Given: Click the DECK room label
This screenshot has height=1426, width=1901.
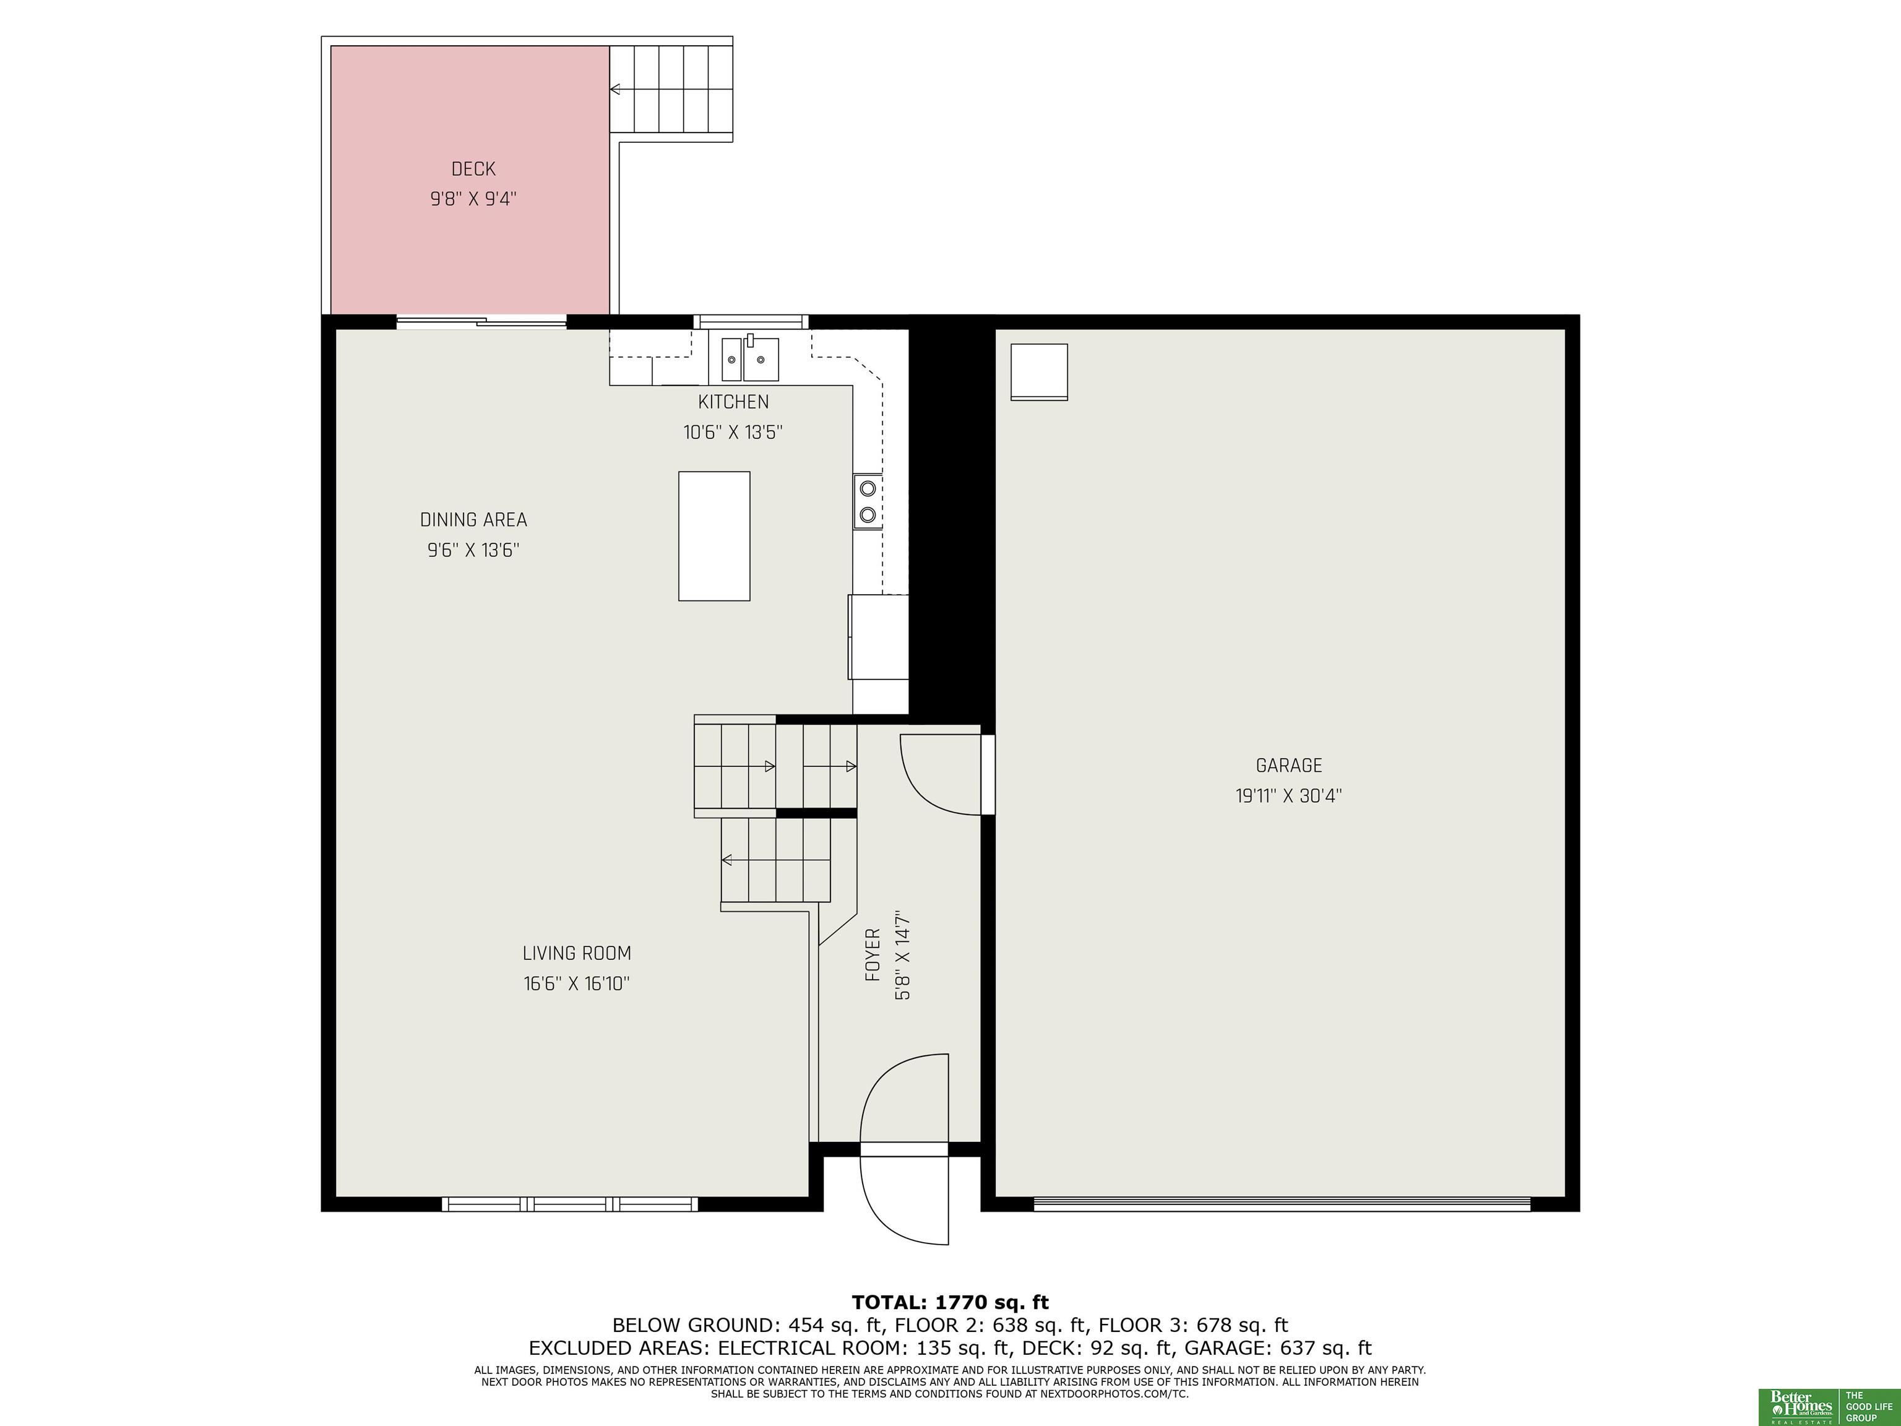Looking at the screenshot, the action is (x=473, y=170).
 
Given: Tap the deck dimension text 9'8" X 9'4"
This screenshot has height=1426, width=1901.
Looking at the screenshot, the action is (x=473, y=199).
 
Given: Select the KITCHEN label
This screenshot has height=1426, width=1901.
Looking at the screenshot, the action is (x=733, y=402).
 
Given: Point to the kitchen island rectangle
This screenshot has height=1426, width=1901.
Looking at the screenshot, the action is (x=714, y=535).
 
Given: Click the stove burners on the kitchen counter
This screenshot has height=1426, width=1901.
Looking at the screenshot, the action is (x=868, y=501).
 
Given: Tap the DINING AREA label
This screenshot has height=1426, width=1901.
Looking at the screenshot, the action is (x=473, y=520).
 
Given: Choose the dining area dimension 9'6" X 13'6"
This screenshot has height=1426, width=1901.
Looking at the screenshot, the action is (x=473, y=550).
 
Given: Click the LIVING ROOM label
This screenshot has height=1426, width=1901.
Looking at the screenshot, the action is (x=577, y=953).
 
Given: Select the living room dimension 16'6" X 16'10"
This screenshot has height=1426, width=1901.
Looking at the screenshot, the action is (x=577, y=983).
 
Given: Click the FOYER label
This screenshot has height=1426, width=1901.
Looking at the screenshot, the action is (x=873, y=954).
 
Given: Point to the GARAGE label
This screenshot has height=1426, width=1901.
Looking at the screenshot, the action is (x=1289, y=766).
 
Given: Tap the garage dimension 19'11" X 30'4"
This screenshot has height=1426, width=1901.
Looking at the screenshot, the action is (x=1289, y=796).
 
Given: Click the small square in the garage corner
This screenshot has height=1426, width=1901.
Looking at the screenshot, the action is (x=1039, y=372).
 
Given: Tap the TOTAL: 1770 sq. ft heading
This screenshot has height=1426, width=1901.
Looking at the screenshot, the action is (x=950, y=1302).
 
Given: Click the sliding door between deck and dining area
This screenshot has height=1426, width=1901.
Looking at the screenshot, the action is (x=481, y=322).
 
